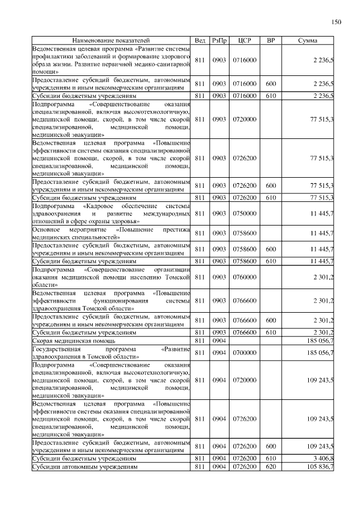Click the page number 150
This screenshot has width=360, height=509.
tap(336, 22)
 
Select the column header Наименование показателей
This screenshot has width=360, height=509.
tap(110, 40)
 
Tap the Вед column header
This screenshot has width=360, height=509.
tap(200, 40)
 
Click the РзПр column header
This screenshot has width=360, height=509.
tap(219, 40)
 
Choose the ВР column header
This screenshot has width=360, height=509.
tap(271, 40)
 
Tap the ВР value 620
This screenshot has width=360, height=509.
tap(271, 467)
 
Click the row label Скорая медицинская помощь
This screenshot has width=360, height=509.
tap(74, 341)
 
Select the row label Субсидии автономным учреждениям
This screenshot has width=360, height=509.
tap(84, 467)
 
